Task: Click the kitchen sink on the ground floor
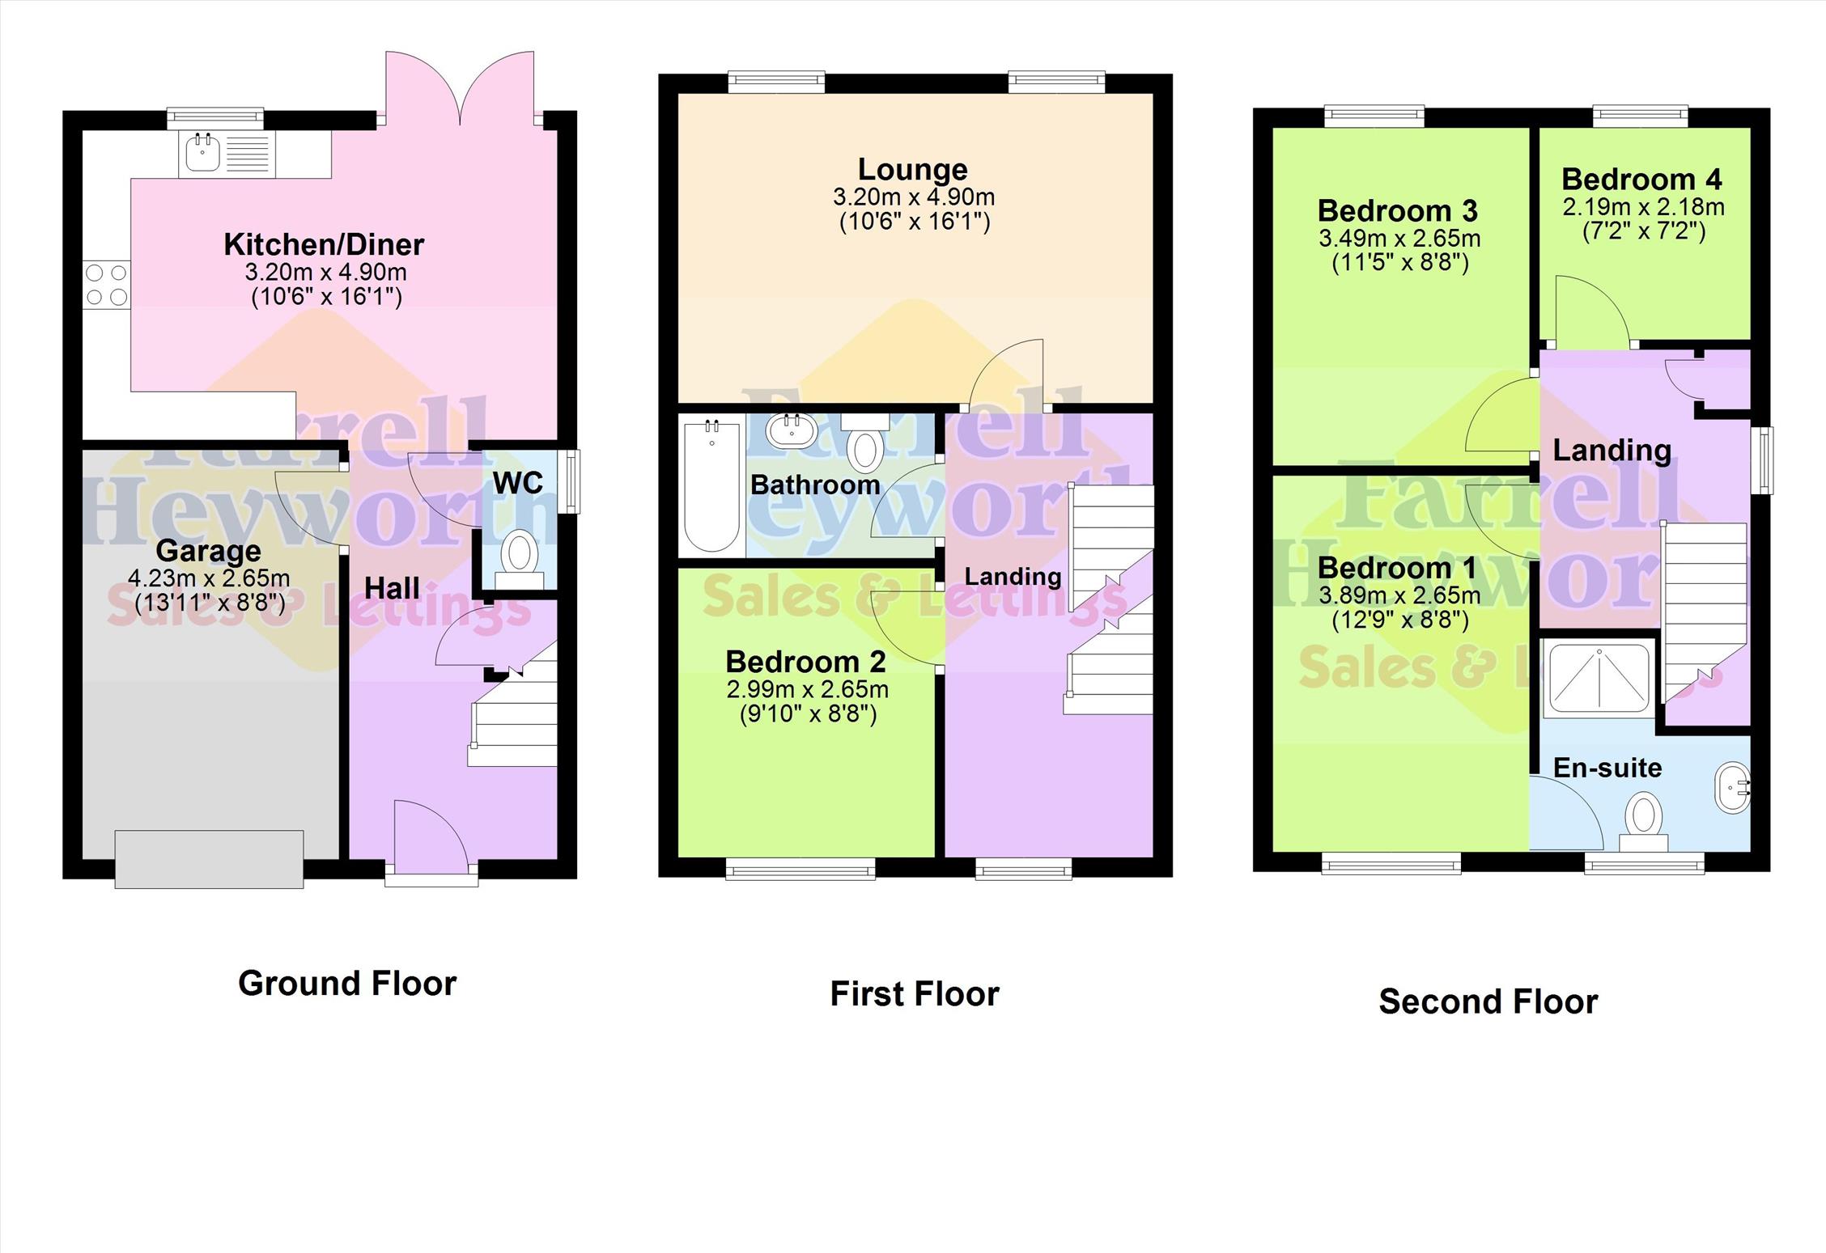click(x=227, y=154)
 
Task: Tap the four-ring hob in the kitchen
click(x=106, y=286)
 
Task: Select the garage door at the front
click(x=209, y=859)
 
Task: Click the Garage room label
click(x=208, y=551)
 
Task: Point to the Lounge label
click(x=913, y=169)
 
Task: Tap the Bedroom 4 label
click(x=1642, y=179)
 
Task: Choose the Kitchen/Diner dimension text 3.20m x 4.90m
click(x=325, y=272)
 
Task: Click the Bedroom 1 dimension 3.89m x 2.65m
click(x=1399, y=596)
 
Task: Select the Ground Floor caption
click(x=347, y=984)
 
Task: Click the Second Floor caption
click(x=1488, y=1002)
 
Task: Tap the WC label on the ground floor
click(x=518, y=483)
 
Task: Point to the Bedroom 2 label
click(x=805, y=662)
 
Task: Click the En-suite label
click(x=1607, y=768)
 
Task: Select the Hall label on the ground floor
click(x=392, y=588)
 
